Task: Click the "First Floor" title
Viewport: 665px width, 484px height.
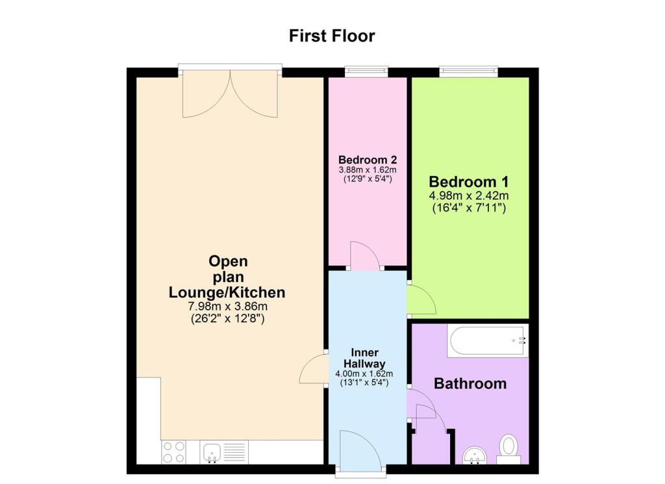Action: [332, 36]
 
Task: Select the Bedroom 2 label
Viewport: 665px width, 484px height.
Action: [368, 160]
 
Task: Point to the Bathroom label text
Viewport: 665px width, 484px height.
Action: [470, 383]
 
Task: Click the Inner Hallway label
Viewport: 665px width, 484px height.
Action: [364, 358]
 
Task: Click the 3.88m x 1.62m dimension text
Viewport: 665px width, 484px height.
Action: [368, 170]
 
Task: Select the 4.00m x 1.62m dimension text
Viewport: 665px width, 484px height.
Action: [364, 374]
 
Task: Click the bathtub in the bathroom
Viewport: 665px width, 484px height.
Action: [487, 340]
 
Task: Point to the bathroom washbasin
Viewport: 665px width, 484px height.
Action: [476, 455]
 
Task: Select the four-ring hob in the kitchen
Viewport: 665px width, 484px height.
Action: [173, 452]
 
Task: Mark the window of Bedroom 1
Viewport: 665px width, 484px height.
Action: [468, 71]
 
